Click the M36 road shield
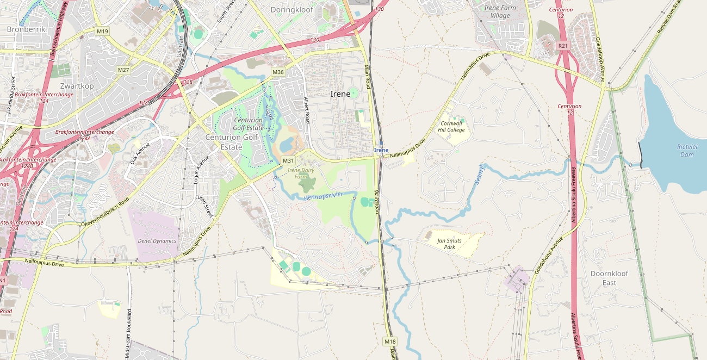click(x=278, y=72)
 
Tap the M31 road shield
click(x=288, y=160)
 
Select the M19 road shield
click(x=102, y=32)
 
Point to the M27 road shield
click(x=124, y=70)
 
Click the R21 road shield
click(x=563, y=46)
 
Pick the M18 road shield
click(x=389, y=342)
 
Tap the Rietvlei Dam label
click(x=687, y=151)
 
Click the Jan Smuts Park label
click(x=450, y=243)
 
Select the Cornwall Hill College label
click(x=452, y=127)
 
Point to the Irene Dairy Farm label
click(x=301, y=173)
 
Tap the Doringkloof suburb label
click(x=292, y=10)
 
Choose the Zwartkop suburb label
click(x=77, y=86)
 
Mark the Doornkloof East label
click(x=609, y=278)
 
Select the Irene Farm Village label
click(x=500, y=12)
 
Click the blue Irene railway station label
click(x=381, y=150)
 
